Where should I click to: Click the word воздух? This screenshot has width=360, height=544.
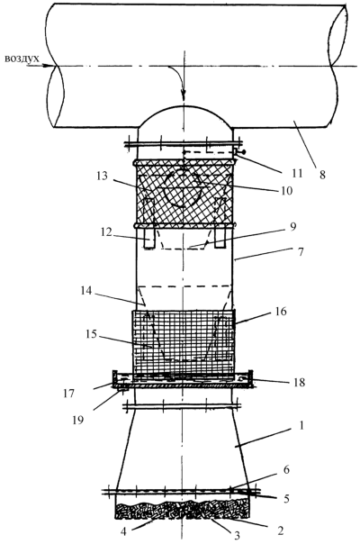click(x=22, y=59)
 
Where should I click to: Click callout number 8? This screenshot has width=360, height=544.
click(x=322, y=175)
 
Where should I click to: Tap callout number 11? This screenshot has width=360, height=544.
click(x=297, y=173)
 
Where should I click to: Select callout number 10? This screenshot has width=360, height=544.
click(x=287, y=190)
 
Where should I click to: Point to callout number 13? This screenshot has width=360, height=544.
click(x=103, y=176)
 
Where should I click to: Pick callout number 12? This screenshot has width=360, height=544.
click(x=106, y=231)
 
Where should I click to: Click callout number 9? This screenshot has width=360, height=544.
click(x=292, y=227)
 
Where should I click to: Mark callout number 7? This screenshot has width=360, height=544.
click(x=301, y=251)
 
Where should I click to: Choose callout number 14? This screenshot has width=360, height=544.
click(x=86, y=290)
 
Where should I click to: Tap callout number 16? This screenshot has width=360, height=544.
click(x=281, y=312)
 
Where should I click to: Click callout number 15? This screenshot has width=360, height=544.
click(x=91, y=335)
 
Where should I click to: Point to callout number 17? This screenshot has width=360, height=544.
click(x=69, y=393)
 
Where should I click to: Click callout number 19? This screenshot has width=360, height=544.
click(x=78, y=420)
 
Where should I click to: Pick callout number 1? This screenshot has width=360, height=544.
click(x=301, y=425)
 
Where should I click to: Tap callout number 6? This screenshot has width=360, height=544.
click(x=286, y=470)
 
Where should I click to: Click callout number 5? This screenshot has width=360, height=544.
click(x=286, y=499)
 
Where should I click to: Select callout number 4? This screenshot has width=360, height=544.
click(x=124, y=531)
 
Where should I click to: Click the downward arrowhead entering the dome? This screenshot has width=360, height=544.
click(x=184, y=95)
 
